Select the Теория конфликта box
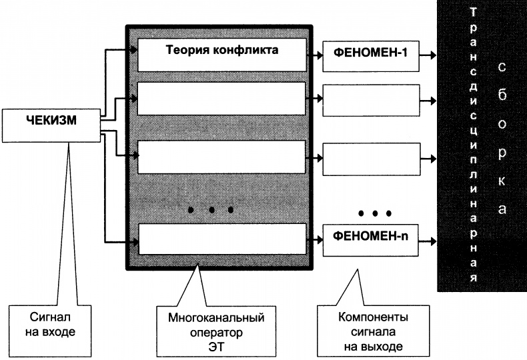221,55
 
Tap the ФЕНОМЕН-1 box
371,55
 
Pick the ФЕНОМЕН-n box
371,236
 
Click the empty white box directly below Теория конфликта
221,98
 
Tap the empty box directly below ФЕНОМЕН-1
371,100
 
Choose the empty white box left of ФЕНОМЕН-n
221,238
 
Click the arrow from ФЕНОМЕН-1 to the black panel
429,55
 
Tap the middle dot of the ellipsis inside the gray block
211,210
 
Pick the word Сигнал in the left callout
49,317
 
